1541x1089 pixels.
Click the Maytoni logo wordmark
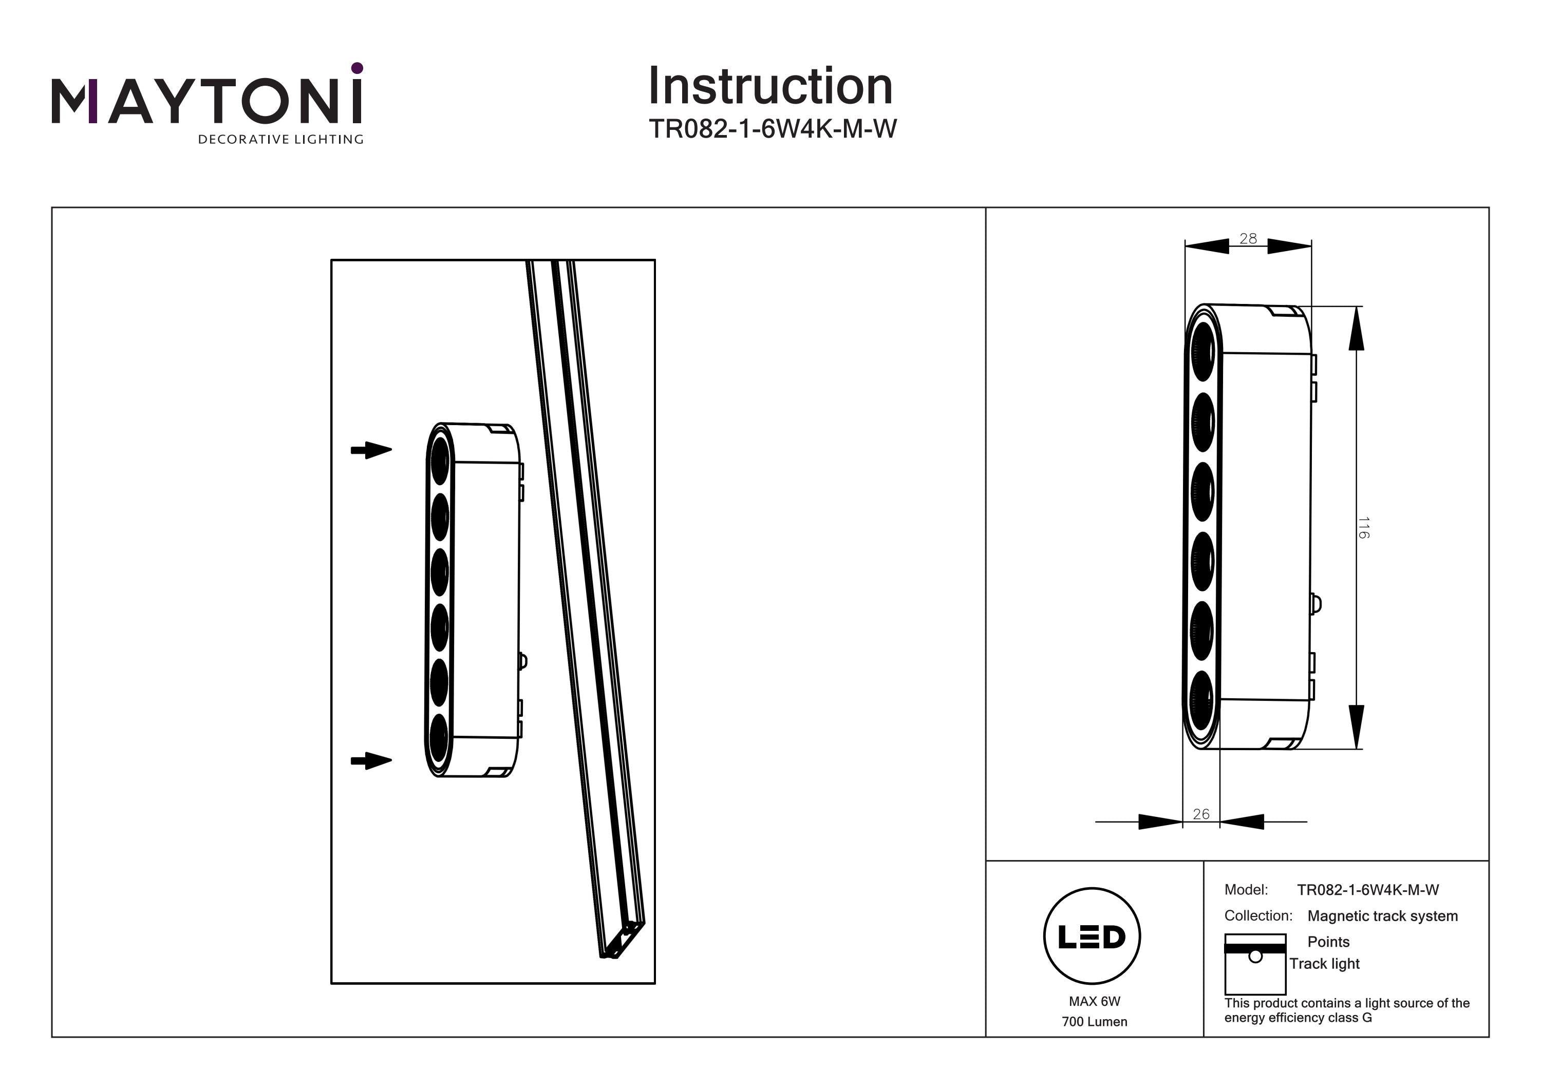click(x=206, y=102)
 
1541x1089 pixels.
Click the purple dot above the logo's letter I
click(x=357, y=68)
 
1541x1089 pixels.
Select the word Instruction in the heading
click(x=770, y=87)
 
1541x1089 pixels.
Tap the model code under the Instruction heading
click(x=772, y=129)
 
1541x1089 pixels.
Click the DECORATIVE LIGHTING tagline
click(x=280, y=140)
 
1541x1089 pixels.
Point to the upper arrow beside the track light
click(x=371, y=450)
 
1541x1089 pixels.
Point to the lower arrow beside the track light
click(x=371, y=761)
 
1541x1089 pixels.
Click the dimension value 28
click(x=1248, y=238)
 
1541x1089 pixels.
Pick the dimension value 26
click(x=1201, y=814)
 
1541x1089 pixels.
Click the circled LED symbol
click(x=1092, y=937)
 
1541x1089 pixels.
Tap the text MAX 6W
click(x=1094, y=1001)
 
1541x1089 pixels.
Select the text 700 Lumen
click(x=1094, y=1022)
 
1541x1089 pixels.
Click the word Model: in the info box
click(x=1246, y=890)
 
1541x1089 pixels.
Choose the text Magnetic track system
click(x=1383, y=916)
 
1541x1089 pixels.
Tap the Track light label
click(x=1324, y=964)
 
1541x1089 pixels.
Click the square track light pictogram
click(x=1255, y=964)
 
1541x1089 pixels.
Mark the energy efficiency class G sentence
click(x=1346, y=1010)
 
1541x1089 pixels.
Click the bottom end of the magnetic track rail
click(x=621, y=943)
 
